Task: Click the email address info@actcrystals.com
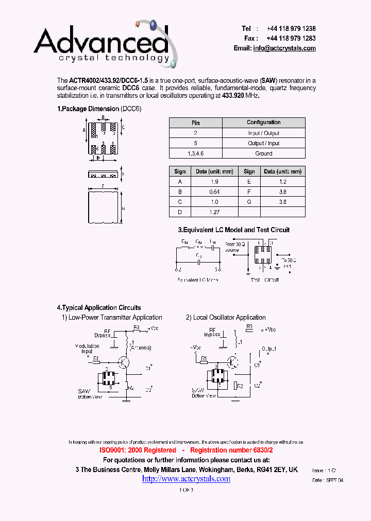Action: (x=284, y=48)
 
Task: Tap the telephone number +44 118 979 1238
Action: (x=291, y=29)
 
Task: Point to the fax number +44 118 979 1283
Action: (x=291, y=39)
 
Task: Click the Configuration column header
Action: (x=263, y=123)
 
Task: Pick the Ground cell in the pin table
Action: (x=263, y=153)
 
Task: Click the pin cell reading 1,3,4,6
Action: (x=195, y=153)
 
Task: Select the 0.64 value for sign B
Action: (x=214, y=192)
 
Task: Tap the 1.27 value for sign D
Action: (x=214, y=212)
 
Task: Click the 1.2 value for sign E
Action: (x=282, y=182)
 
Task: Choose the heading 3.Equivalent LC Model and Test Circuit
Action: (x=233, y=230)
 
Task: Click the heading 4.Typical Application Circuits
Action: (x=98, y=307)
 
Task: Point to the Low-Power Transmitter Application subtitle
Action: (x=115, y=318)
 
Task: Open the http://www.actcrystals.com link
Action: (x=186, y=479)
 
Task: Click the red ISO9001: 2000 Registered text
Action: (x=138, y=450)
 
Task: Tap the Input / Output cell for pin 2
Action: (x=263, y=133)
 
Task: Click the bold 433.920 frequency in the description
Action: (x=234, y=96)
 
